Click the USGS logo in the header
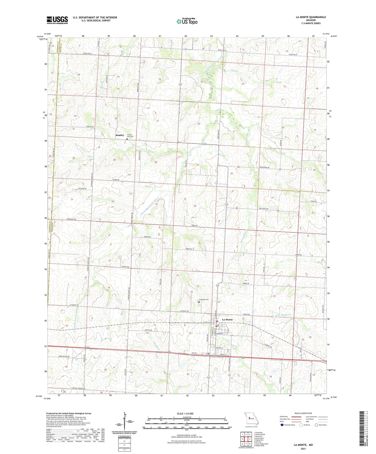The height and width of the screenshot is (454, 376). tap(57, 20)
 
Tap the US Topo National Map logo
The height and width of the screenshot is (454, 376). tap(187, 21)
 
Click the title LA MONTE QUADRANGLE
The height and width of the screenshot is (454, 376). tap(311, 17)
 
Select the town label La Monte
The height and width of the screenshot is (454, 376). tap(227, 320)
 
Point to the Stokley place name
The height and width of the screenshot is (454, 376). tap(120, 135)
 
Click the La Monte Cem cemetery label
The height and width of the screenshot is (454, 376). tap(204, 299)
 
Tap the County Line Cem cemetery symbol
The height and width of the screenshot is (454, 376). tap(127, 139)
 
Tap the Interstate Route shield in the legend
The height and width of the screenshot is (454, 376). tap(282, 425)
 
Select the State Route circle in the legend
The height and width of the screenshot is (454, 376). tap(316, 425)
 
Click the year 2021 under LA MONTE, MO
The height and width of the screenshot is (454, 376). tap(303, 449)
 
